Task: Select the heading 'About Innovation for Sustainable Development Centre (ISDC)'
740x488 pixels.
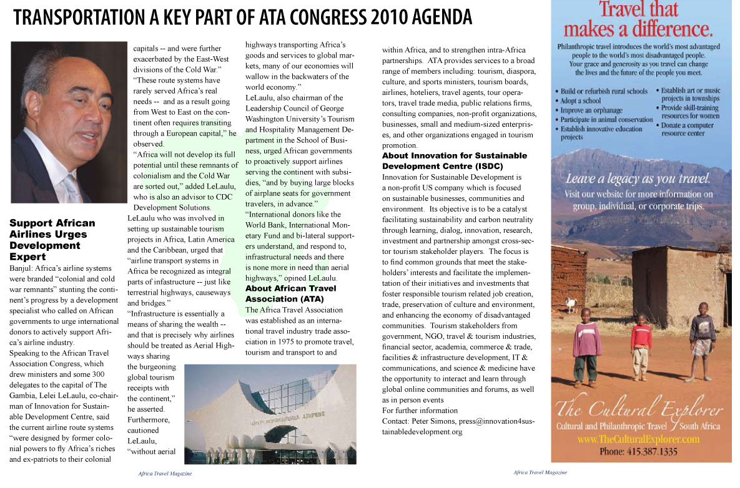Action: click(454, 161)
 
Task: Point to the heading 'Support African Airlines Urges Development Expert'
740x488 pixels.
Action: click(52, 240)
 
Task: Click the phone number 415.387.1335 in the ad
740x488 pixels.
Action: click(639, 452)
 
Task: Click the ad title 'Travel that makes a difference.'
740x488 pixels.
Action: click(638, 20)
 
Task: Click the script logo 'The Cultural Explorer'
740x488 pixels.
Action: click(638, 410)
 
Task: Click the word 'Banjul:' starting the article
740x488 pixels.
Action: click(22, 270)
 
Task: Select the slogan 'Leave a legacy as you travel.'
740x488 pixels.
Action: click(638, 180)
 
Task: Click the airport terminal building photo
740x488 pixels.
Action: click(270, 414)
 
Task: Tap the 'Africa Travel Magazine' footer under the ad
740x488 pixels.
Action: click(540, 472)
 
